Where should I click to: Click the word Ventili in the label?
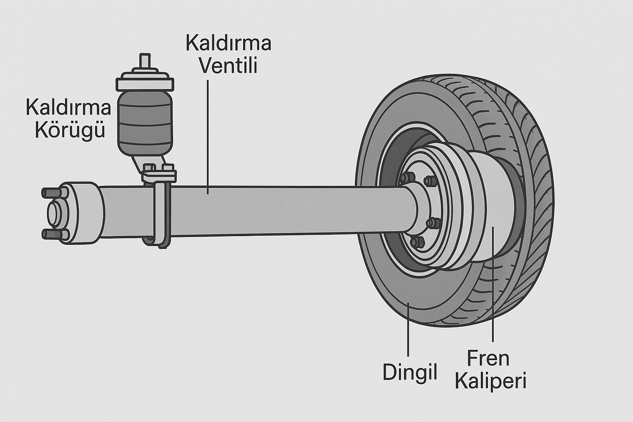coord(228,66)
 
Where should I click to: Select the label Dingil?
coord(410,372)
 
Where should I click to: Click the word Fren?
coord(488,359)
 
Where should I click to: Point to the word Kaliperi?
coord(490,381)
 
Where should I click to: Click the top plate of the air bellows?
coord(144,84)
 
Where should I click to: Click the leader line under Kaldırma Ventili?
coord(208,136)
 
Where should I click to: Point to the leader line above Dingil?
coord(408,330)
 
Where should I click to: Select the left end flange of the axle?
coord(84,212)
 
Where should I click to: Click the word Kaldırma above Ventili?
coord(228,43)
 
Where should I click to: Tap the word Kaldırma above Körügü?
coord(68,108)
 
